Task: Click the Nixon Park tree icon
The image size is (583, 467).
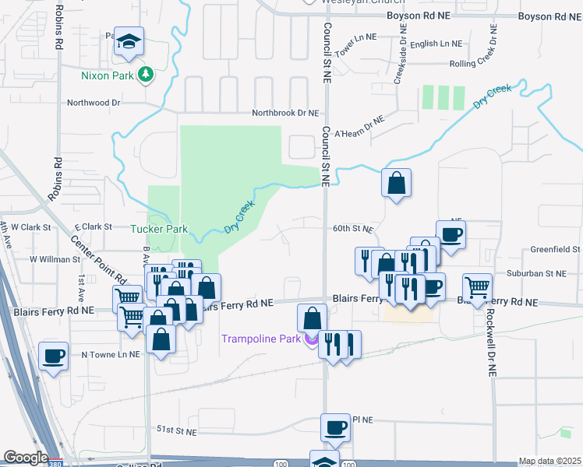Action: (144, 74)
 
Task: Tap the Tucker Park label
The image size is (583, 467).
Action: (159, 229)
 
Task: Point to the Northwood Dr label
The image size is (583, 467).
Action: (94, 102)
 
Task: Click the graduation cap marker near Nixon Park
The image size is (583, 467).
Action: (129, 42)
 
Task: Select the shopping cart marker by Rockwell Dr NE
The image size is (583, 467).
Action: (477, 286)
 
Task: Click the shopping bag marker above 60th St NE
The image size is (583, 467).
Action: (397, 184)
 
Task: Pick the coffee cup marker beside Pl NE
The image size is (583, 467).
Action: (336, 427)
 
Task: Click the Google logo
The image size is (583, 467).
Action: (25, 458)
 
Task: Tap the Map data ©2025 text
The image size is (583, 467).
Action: (549, 461)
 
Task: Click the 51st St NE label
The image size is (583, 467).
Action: (175, 429)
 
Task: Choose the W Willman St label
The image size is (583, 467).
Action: (51, 258)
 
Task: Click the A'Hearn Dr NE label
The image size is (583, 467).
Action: (359, 127)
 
